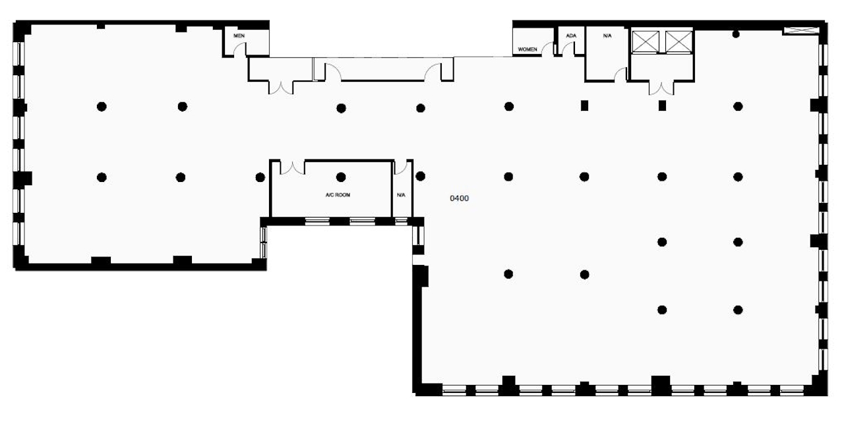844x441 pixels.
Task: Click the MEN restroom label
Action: [239, 36]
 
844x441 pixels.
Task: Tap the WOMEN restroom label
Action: [527, 49]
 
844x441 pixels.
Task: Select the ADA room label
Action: [571, 36]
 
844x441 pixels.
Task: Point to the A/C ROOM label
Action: [338, 195]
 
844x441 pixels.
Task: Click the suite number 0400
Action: [460, 198]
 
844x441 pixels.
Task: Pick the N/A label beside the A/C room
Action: [401, 195]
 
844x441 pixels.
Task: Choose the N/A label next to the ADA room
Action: [607, 36]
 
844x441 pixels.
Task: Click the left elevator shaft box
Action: [646, 42]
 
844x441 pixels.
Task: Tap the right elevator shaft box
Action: [678, 42]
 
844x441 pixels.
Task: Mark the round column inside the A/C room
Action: [341, 177]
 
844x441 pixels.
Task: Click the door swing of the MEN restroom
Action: [239, 49]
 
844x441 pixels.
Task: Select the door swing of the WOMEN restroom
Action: [548, 49]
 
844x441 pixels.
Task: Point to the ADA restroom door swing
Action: [568, 49]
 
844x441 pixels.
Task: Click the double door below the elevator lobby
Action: [661, 88]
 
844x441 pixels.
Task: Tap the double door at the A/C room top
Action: [292, 168]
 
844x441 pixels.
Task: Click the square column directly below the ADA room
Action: [584, 106]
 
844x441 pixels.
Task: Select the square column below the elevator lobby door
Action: [662, 106]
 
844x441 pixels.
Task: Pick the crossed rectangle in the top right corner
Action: [801, 30]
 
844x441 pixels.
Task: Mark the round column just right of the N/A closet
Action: [421, 176]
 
